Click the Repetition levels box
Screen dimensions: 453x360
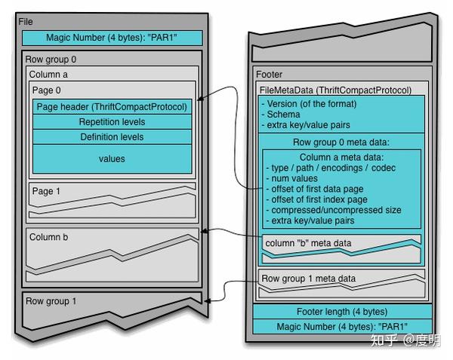tap(112, 122)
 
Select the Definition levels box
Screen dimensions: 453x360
tap(112, 137)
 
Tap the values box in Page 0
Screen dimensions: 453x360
tap(112, 158)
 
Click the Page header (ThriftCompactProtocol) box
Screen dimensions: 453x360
tap(112, 107)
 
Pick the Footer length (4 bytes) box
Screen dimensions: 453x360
tap(342, 312)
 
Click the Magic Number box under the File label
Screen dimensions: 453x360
tap(112, 38)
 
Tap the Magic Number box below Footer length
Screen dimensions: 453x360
tap(342, 327)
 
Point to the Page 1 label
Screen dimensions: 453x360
tap(46, 191)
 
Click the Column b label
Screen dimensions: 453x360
tap(48, 237)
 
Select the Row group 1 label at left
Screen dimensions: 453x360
tap(51, 301)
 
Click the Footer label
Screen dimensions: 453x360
tap(269, 75)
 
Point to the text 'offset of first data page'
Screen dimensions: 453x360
tap(317, 189)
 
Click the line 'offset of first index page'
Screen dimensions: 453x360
tap(319, 199)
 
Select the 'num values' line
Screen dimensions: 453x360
tap(294, 178)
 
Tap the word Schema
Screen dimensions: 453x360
tap(283, 114)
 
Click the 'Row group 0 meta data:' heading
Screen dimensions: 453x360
tap(341, 143)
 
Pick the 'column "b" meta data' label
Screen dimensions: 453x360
tap(308, 243)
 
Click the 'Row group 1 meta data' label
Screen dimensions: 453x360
tap(308, 278)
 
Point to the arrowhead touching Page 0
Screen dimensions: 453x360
tap(200, 99)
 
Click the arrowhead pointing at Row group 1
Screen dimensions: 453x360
tap(207, 301)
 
